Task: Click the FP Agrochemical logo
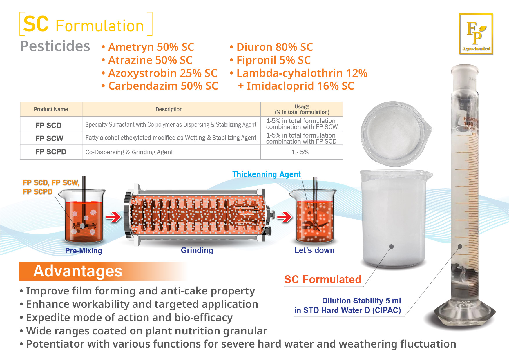(x=476, y=34)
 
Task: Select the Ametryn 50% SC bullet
(x=148, y=47)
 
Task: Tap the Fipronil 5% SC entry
(x=270, y=60)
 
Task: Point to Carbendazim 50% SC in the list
(x=160, y=86)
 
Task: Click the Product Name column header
(x=51, y=109)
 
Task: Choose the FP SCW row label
(x=49, y=138)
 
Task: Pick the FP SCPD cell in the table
(x=51, y=152)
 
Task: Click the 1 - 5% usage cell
(x=300, y=152)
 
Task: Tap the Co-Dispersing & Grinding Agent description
(x=129, y=152)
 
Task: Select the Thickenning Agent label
(x=267, y=174)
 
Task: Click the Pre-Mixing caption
(x=84, y=251)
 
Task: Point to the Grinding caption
(x=197, y=250)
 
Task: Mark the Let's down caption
(x=314, y=250)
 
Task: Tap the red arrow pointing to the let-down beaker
(x=285, y=217)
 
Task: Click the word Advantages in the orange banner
(x=78, y=271)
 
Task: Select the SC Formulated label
(x=323, y=279)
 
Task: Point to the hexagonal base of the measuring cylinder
(x=464, y=315)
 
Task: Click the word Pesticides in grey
(x=55, y=46)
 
